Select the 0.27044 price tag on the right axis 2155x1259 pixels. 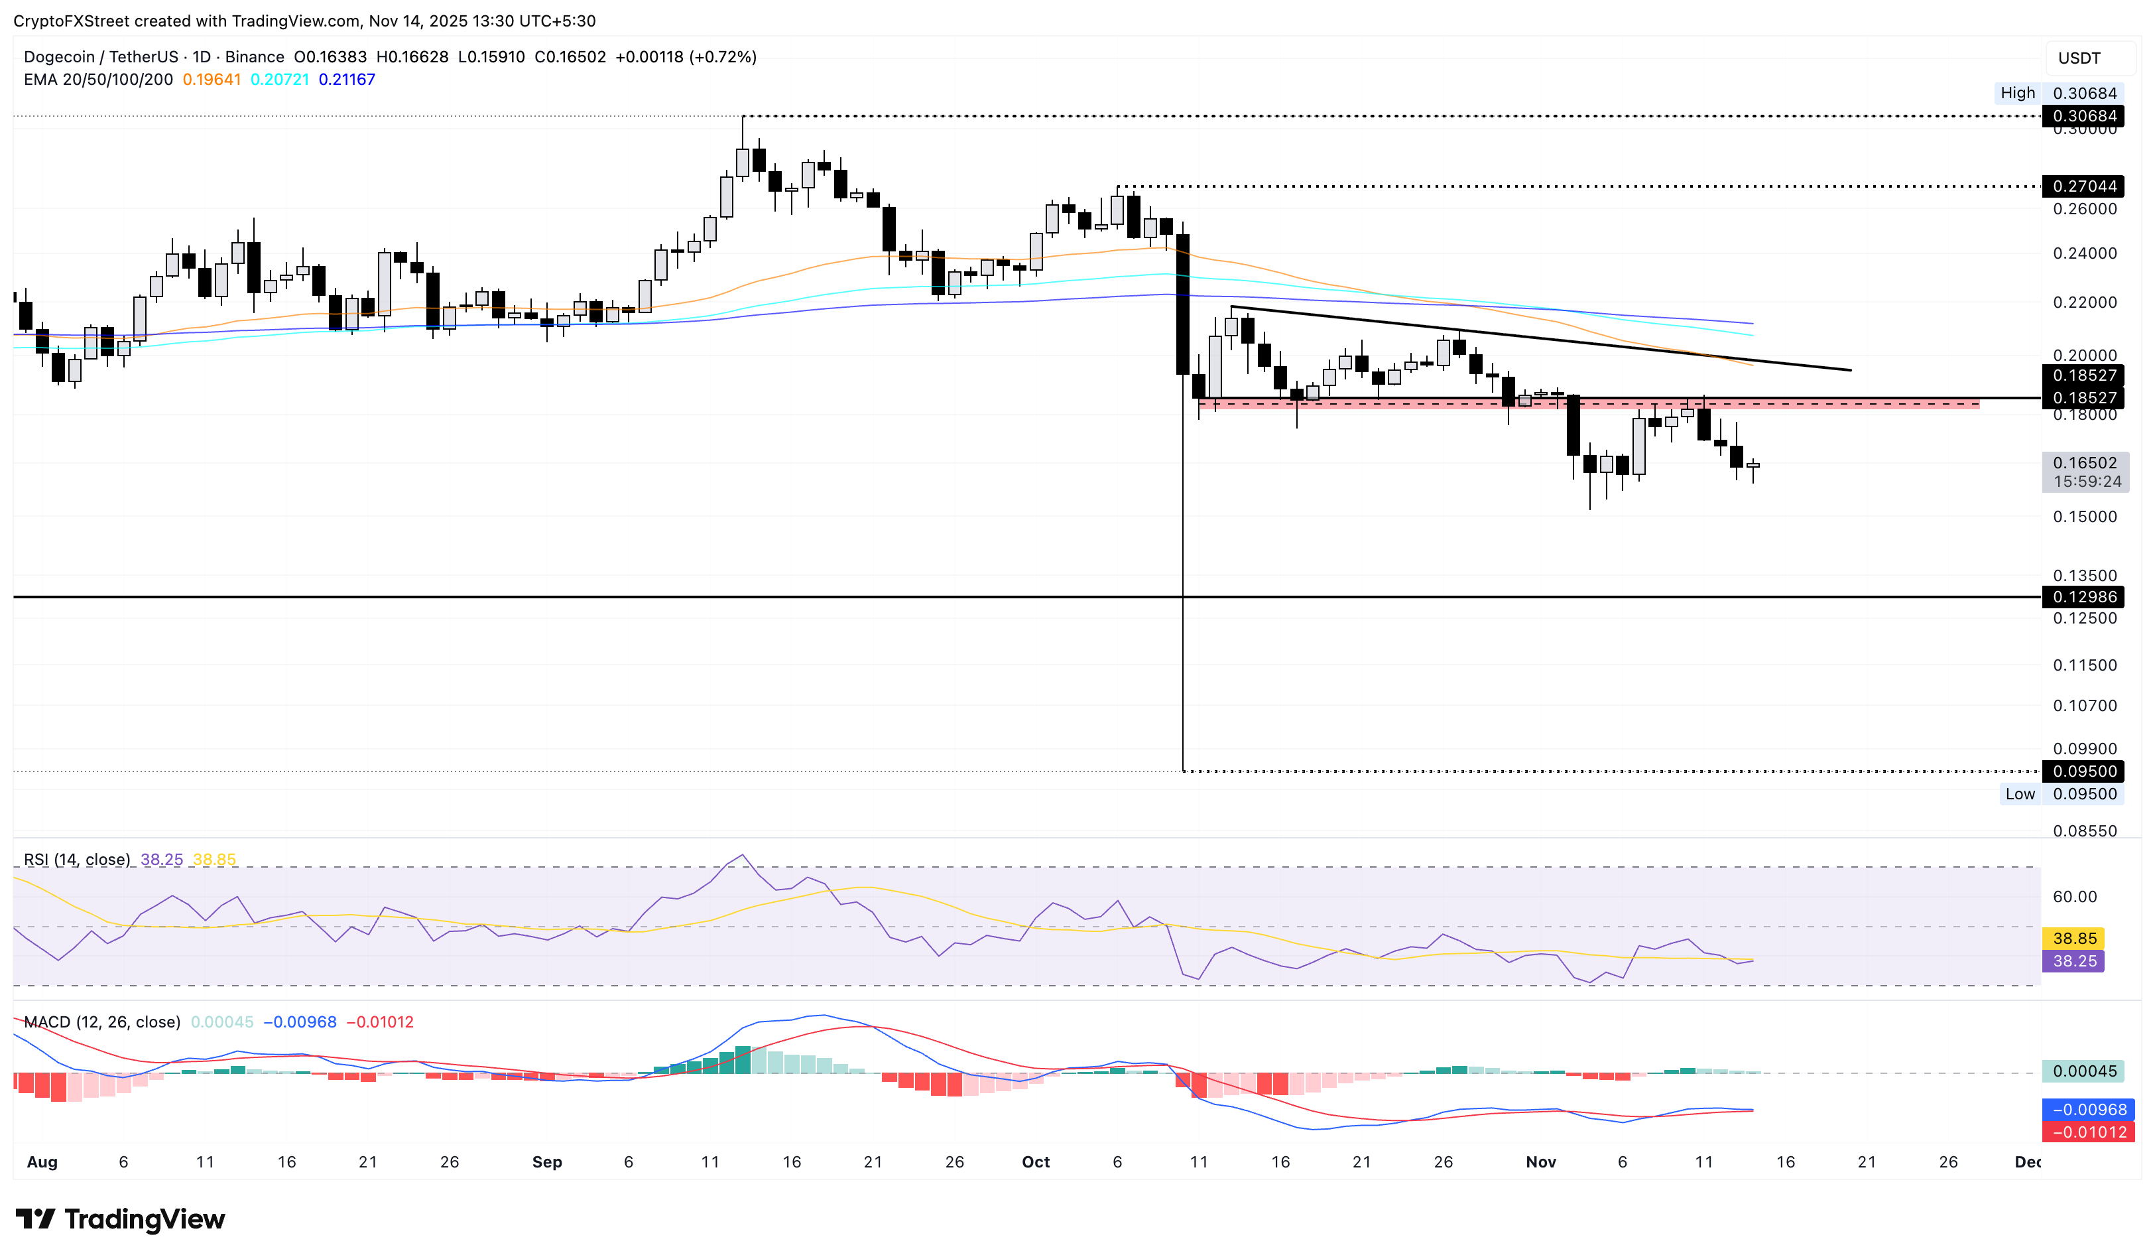click(x=2084, y=186)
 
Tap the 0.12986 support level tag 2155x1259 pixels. click(x=2084, y=597)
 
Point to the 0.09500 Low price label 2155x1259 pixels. click(x=2084, y=794)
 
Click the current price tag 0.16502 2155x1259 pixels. click(x=2084, y=463)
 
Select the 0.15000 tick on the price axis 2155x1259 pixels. click(x=2084, y=517)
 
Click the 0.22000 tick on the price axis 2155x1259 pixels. click(x=2084, y=302)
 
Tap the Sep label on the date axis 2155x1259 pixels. click(x=546, y=1161)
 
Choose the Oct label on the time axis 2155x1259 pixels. click(x=1036, y=1161)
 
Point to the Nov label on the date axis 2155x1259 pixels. click(x=1540, y=1161)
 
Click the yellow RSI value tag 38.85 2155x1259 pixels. click(x=2073, y=938)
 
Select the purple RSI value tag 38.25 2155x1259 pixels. click(x=2073, y=961)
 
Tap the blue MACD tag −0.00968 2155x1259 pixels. click(x=2087, y=1109)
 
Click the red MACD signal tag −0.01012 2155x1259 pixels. click(x=2087, y=1132)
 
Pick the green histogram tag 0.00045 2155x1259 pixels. click(x=2084, y=1071)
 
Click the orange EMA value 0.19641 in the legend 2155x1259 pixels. click(x=212, y=80)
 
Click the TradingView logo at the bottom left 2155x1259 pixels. click(x=121, y=1219)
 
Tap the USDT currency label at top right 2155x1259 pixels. click(x=2078, y=58)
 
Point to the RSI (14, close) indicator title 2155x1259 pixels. click(x=77, y=860)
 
